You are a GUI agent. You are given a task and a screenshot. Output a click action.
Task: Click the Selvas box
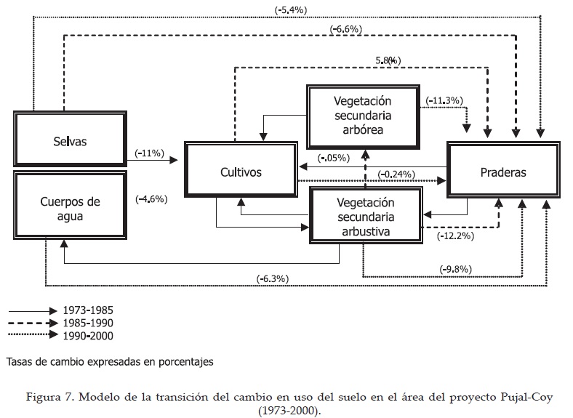tap(70, 140)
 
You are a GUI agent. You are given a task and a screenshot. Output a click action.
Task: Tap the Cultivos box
tap(241, 172)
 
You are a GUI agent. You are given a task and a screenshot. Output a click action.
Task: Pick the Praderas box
tap(503, 172)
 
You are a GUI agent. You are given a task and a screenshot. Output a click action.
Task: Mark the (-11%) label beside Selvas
tap(151, 153)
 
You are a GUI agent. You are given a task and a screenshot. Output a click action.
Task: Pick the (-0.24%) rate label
tap(396, 174)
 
